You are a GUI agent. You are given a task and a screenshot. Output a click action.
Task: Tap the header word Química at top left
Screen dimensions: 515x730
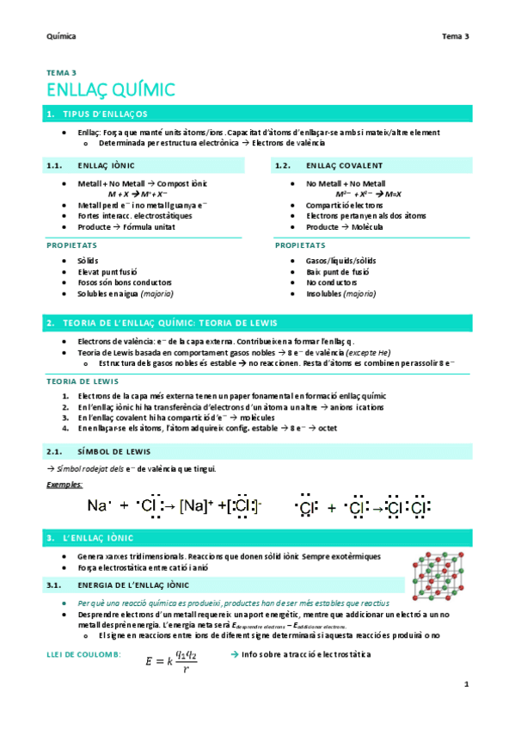(61, 37)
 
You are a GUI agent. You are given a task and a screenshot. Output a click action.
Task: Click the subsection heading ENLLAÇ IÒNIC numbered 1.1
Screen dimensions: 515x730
(105, 165)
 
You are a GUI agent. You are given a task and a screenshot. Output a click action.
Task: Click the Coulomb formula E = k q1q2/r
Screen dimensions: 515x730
(171, 661)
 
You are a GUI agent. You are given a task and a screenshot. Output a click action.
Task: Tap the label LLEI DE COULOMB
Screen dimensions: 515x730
(83, 656)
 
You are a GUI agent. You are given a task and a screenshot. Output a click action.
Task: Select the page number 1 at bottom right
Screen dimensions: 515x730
(465, 684)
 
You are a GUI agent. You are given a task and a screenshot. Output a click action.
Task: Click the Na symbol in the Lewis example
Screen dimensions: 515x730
(97, 506)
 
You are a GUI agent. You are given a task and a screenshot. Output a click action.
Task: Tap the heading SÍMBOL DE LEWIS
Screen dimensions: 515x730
(113, 451)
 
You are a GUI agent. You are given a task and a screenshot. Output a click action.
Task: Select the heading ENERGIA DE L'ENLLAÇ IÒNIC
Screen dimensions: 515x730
(129, 585)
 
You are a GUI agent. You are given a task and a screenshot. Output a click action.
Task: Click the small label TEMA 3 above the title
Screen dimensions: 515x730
(61, 72)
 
